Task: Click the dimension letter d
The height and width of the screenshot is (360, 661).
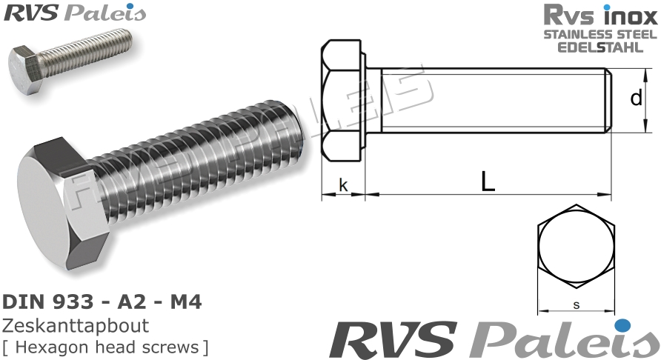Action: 636,98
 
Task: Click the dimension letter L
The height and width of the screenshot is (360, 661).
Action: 487,181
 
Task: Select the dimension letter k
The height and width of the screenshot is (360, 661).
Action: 343,184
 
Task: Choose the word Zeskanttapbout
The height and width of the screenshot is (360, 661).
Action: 76,326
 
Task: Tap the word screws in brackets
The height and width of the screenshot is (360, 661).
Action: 173,347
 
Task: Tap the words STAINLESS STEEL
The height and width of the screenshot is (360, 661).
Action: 600,34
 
